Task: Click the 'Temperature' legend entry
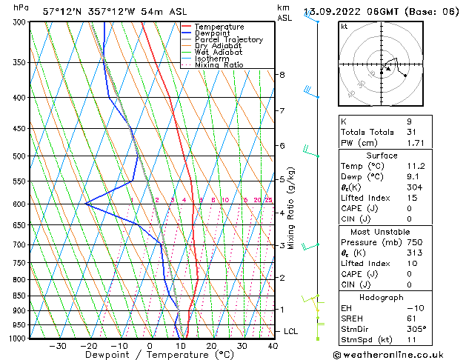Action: [221, 27]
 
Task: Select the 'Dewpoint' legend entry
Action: [215, 33]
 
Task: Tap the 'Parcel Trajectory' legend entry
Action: [228, 40]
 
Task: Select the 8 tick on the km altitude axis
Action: [282, 75]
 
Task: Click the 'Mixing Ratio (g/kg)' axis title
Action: [291, 207]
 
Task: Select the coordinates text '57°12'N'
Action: [61, 11]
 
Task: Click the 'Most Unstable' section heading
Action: [377, 231]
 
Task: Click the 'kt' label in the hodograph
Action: [344, 27]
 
